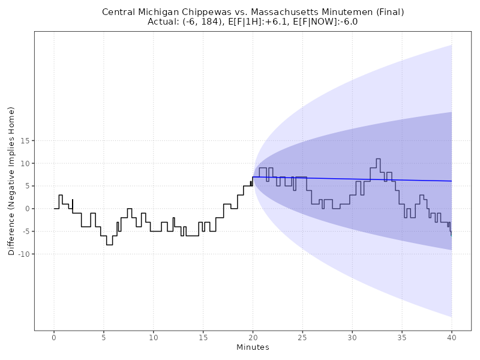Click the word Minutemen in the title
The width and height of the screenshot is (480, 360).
pos(340,12)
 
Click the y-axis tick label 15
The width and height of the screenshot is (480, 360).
pos(25,140)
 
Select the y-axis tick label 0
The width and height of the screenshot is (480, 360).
pos(26,209)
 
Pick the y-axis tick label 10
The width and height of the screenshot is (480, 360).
pos(25,163)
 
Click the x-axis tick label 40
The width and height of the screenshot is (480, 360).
pos(452,337)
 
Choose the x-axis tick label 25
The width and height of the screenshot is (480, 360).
pos(302,337)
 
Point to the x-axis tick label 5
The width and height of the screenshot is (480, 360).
pos(104,337)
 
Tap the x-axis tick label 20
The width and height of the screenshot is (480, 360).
pos(253,337)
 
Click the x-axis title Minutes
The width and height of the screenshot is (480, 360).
pos(253,347)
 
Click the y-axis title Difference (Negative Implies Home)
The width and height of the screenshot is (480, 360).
pos(11,181)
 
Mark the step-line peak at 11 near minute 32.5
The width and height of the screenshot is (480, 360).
pos(378,159)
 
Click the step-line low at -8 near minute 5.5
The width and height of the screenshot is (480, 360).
pos(109,245)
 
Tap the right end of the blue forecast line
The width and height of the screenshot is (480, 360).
pos(451,181)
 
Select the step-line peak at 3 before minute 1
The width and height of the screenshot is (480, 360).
pos(61,195)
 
